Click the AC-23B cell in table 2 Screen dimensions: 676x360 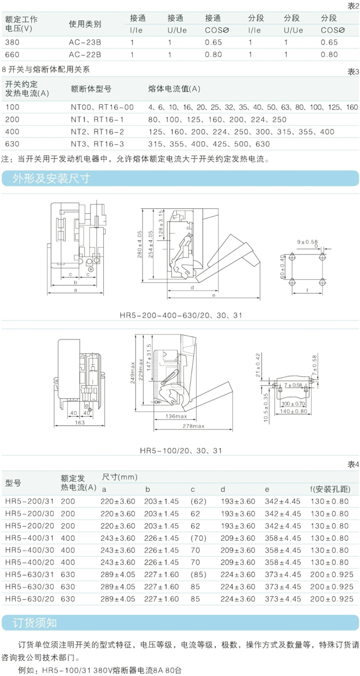(85, 42)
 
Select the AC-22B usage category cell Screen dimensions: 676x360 (85, 54)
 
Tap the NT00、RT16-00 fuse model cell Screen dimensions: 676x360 (102, 107)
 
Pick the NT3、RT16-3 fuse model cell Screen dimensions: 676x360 (97, 144)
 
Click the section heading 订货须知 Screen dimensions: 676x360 (35, 623)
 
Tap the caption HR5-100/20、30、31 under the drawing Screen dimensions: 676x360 (181, 450)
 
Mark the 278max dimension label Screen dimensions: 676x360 (192, 427)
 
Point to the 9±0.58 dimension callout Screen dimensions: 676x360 (307, 241)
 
